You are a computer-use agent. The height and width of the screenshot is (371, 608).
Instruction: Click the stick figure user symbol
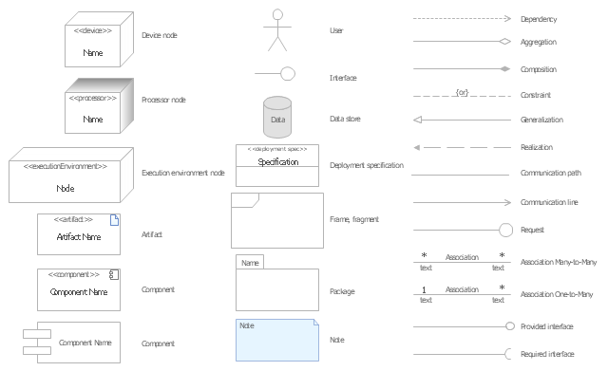[277, 30]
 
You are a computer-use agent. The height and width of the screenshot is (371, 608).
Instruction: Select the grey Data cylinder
[277, 118]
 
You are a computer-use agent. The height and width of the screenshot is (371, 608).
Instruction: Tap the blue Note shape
[277, 340]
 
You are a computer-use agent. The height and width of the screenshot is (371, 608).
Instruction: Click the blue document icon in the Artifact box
[114, 220]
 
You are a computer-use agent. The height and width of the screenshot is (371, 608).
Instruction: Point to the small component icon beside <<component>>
[114, 274]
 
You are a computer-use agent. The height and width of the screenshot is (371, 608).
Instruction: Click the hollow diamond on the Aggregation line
[504, 41]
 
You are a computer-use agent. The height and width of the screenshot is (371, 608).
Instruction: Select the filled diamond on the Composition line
[504, 69]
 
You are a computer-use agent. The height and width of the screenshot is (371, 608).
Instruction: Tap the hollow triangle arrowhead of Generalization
[418, 120]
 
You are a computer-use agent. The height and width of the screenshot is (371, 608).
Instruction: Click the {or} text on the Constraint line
[462, 93]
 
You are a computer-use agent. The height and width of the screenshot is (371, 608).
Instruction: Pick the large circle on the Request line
[505, 230]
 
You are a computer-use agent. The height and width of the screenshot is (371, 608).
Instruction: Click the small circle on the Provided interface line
[510, 326]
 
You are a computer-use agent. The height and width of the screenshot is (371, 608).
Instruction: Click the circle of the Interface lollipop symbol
[287, 74]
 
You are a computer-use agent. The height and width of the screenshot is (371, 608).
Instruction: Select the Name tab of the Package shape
[250, 262]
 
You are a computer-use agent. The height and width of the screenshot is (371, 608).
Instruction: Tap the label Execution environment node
[183, 173]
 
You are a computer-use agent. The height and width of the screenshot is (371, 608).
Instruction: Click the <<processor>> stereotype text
[93, 99]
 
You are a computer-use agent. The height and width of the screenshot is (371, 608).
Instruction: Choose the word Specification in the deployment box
[278, 162]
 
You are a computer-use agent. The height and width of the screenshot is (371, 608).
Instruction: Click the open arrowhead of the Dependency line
[507, 19]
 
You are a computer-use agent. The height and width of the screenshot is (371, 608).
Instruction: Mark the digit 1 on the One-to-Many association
[424, 289]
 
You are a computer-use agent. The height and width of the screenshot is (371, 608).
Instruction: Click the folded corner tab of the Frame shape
[245, 200]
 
